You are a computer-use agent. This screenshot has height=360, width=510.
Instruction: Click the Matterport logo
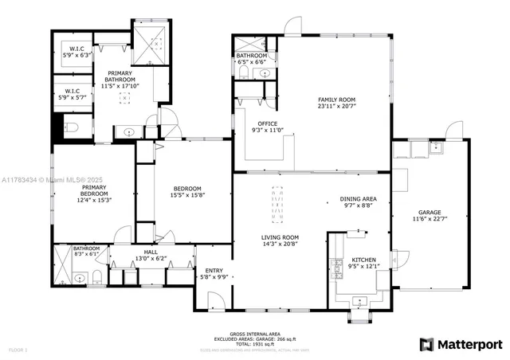pyautogui.click(x=461, y=344)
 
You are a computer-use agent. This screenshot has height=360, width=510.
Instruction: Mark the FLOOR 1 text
pyautogui.click(x=17, y=350)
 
